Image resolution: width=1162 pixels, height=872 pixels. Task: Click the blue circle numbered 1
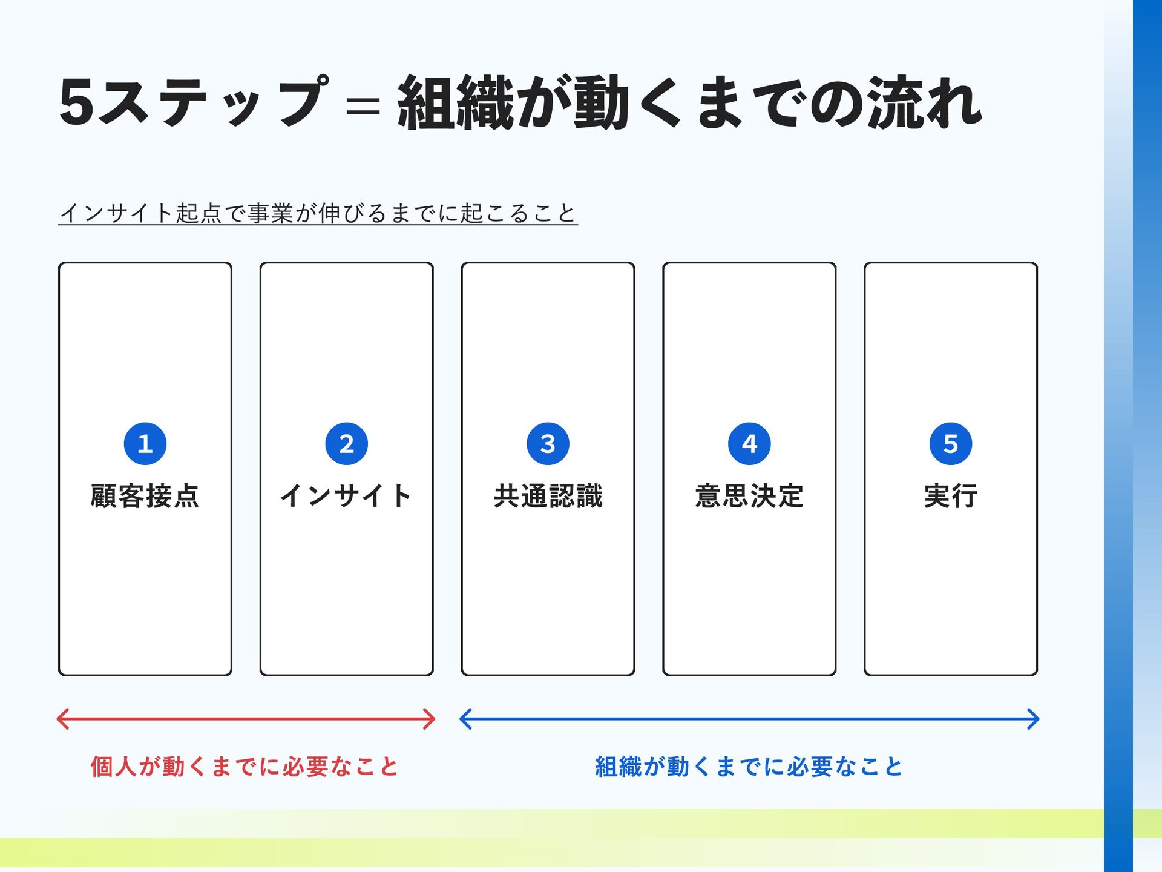pos(145,444)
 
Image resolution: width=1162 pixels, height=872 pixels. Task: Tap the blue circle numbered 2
pos(347,444)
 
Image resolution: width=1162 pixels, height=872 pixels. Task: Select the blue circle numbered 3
pos(548,444)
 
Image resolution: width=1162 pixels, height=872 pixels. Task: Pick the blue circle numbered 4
pos(749,444)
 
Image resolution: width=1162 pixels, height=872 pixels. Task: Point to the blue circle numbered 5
pos(951,444)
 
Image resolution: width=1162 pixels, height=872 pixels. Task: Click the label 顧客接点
pos(145,496)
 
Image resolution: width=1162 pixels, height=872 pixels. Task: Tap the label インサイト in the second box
pos(346,496)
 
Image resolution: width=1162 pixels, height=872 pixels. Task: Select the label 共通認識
pos(548,496)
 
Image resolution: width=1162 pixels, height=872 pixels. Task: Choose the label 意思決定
pos(749,496)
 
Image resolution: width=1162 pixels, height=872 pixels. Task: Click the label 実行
pos(951,496)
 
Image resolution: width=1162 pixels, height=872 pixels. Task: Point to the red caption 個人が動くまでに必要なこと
pos(245,767)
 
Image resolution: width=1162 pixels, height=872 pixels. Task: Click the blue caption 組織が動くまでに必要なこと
pos(749,767)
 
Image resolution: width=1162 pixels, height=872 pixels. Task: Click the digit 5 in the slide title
pos(77,102)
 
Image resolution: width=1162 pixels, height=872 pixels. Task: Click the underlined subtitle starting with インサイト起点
pos(318,213)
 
